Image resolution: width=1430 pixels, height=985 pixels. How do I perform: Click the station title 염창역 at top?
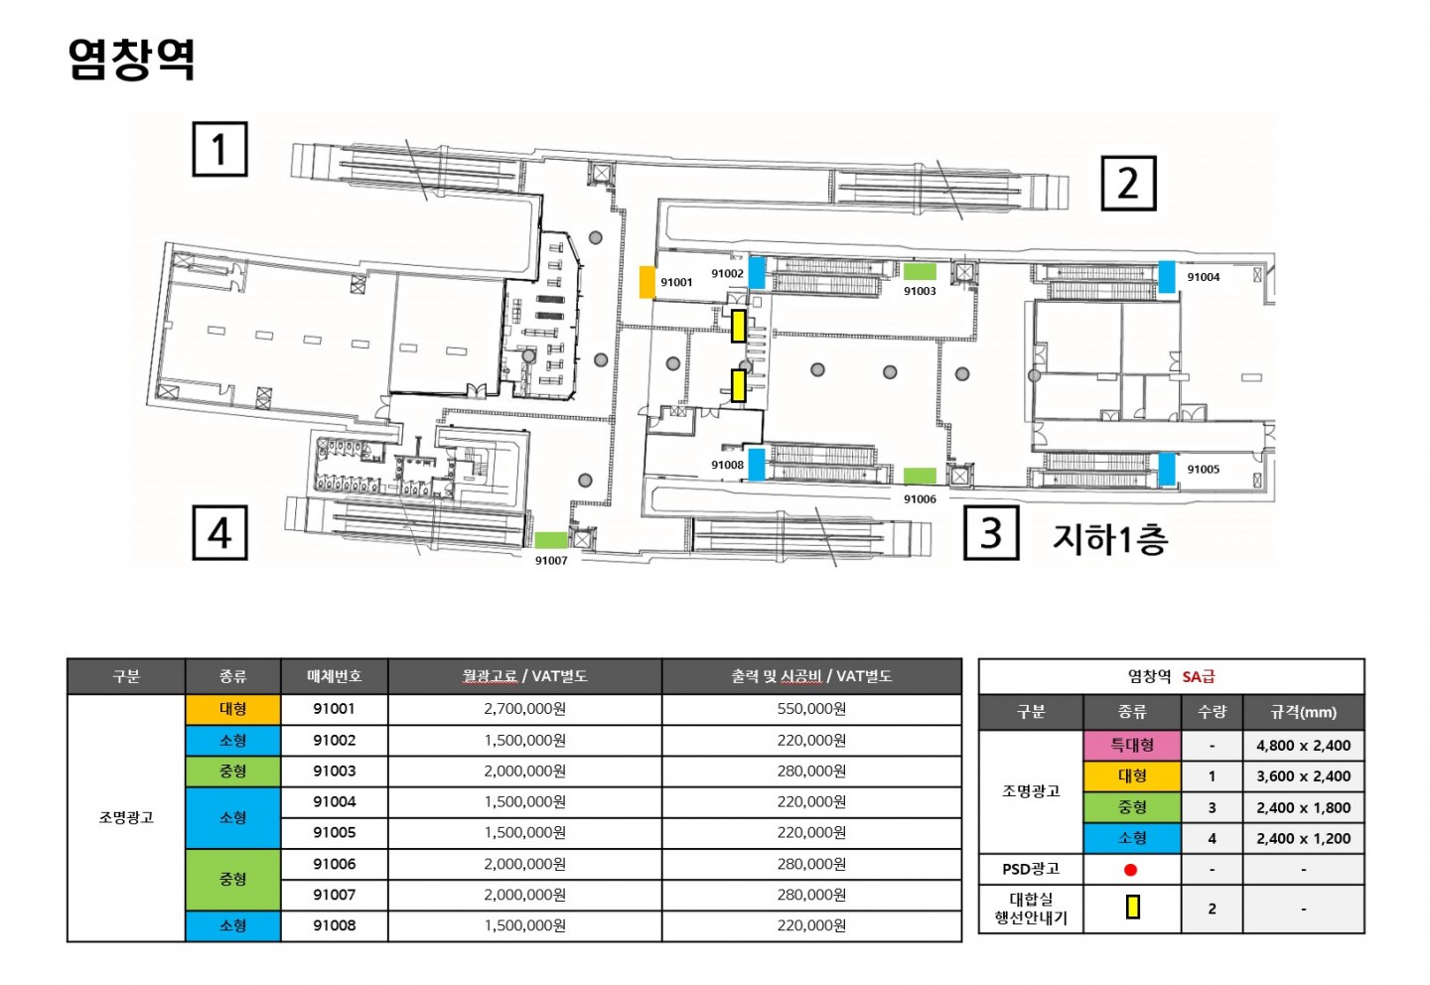pos(131,60)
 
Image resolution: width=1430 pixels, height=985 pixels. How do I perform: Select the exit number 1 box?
pos(219,149)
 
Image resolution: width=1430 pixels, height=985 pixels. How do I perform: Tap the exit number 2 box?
pos(1129,184)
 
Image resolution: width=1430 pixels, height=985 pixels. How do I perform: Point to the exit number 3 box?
pos(991,532)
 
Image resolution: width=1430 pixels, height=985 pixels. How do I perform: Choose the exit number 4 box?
pos(219,532)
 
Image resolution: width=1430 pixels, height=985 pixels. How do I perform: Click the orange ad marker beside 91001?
pos(647,282)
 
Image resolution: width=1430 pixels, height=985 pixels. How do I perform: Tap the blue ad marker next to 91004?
pos(1167,276)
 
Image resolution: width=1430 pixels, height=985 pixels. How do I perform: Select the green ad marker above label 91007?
pos(551,540)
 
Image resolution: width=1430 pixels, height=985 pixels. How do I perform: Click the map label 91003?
pos(920,291)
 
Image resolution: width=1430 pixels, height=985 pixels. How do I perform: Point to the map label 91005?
pos(1204,470)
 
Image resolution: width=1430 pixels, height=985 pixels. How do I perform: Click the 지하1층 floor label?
pos(1110,539)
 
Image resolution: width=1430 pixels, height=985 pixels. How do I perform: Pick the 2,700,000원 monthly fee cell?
pos(524,709)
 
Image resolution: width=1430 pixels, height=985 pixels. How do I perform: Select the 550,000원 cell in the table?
pos(811,709)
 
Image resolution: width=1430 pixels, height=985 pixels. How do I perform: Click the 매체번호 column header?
pos(334,676)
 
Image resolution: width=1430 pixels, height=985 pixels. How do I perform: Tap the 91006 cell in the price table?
pos(334,864)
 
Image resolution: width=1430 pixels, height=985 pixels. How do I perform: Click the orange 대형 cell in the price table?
pos(233,709)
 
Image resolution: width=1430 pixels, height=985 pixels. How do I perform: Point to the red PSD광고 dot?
pos(1130,870)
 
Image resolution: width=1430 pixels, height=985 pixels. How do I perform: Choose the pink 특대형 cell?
pos(1132,746)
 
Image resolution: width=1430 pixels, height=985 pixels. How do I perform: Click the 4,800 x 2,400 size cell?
pos(1304,746)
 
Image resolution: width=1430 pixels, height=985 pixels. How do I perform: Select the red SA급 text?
pos(1199,676)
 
